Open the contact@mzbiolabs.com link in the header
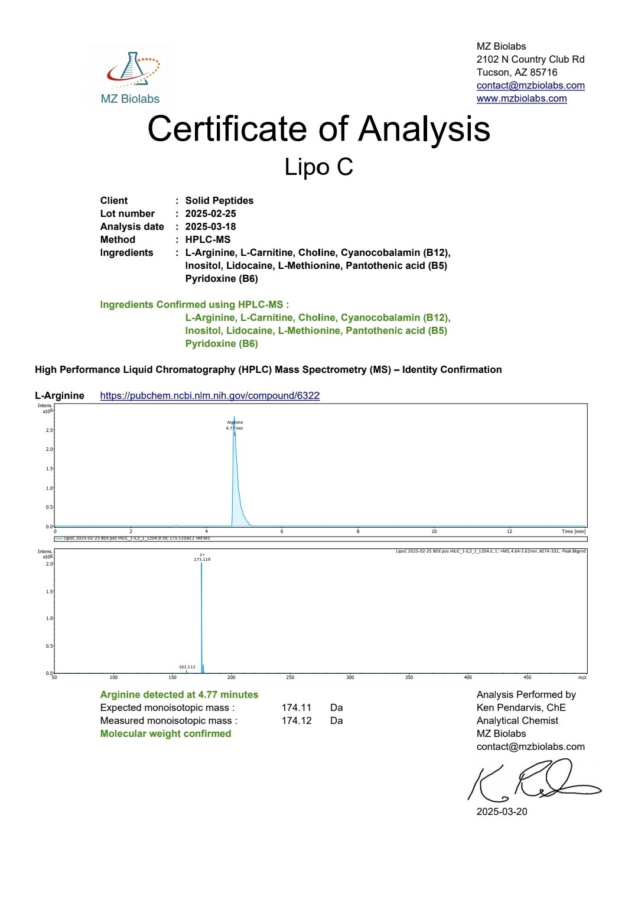[530, 85]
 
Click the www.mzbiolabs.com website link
[522, 98]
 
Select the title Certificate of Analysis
[318, 129]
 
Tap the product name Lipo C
[318, 167]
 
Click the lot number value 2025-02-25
[210, 213]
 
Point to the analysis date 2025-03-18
[210, 226]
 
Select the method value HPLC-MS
[207, 239]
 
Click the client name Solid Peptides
[219, 200]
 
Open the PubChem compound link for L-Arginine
[210, 395]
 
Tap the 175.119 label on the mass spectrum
[202, 559]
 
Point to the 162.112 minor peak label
[187, 667]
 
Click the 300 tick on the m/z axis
[350, 677]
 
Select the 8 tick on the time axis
[358, 531]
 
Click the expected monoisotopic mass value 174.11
[296, 707]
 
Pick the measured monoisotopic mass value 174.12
[296, 720]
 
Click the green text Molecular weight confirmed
[165, 733]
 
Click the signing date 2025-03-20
[502, 811]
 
